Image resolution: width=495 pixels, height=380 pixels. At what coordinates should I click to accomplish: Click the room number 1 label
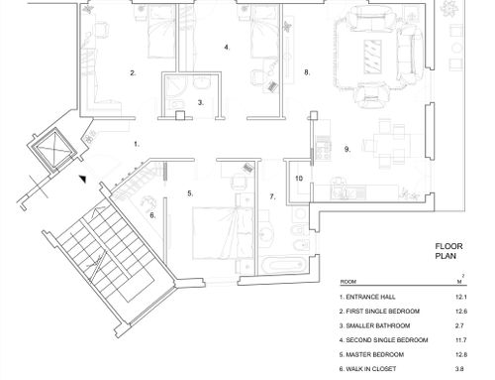(x=137, y=144)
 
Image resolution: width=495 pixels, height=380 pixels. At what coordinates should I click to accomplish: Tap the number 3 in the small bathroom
(x=201, y=103)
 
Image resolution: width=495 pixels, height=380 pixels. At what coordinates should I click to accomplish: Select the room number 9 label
(x=347, y=149)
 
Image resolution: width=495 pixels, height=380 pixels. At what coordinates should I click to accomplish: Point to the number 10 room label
(x=299, y=179)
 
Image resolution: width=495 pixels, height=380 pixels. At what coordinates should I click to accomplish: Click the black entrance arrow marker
(x=83, y=179)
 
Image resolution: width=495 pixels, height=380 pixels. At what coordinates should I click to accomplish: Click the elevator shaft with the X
(x=53, y=149)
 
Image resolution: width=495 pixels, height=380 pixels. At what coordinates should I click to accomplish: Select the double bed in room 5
(x=224, y=233)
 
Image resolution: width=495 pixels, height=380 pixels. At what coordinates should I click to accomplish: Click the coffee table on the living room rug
(x=373, y=57)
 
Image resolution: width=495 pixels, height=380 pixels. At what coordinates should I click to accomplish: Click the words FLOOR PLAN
(x=448, y=251)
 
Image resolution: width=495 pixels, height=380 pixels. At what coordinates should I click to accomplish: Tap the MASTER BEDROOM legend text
(x=374, y=354)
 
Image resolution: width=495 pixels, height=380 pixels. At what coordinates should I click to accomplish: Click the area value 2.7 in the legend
(x=459, y=325)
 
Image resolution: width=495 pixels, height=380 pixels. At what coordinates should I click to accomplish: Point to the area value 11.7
(x=461, y=340)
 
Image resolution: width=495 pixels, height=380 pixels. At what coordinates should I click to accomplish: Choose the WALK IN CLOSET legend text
(x=371, y=369)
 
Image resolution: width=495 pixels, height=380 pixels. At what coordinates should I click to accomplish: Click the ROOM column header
(x=348, y=282)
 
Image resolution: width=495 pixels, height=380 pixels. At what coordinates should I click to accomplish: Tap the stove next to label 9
(x=324, y=148)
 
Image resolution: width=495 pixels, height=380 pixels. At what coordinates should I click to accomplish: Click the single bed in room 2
(x=160, y=32)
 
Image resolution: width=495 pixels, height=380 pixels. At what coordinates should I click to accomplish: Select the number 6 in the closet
(x=152, y=215)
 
